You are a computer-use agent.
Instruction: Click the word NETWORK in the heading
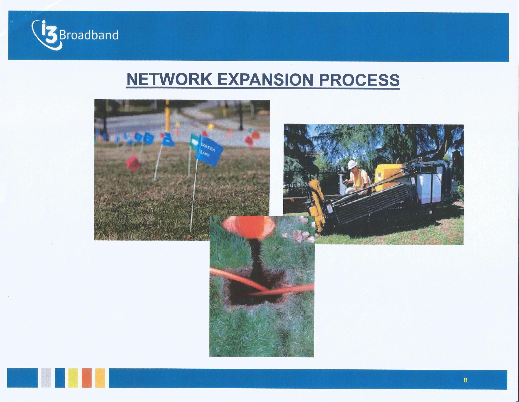(169, 80)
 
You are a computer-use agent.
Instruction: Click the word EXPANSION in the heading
(265, 80)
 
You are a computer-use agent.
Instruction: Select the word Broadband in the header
(89, 35)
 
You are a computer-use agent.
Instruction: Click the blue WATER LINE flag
(209, 149)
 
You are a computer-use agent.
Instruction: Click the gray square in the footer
(46, 378)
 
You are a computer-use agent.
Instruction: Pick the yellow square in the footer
(73, 378)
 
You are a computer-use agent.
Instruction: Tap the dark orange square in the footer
(86, 378)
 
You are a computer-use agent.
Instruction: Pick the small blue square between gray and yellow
(60, 378)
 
